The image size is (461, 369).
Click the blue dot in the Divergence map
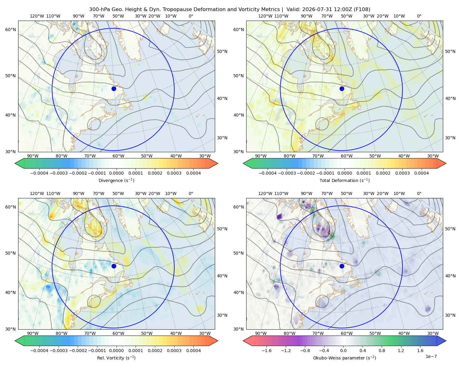[x=114, y=89]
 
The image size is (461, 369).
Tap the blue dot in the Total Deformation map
[x=342, y=89]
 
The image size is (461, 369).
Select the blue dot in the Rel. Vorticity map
[x=114, y=266]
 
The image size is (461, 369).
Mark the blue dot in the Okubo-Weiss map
[x=342, y=266]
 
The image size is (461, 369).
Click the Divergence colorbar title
[x=116, y=180]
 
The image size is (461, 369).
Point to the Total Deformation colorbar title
[x=345, y=180]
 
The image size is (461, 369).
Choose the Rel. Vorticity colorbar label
[x=116, y=358]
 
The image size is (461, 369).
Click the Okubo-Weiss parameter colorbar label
[x=345, y=358]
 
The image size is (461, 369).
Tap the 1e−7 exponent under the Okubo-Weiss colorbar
[x=431, y=356]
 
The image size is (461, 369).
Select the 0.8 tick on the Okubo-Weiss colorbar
[x=382, y=350]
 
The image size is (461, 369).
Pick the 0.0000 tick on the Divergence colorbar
[x=116, y=173]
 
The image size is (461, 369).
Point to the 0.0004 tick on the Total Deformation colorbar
[x=421, y=173]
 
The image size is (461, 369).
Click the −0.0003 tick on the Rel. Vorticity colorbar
[x=58, y=350]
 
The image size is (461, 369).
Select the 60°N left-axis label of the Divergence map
[x=10, y=30]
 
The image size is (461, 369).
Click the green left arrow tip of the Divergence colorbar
[x=15, y=163]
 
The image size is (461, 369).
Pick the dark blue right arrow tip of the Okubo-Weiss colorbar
[x=446, y=341]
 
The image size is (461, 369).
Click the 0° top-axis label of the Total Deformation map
[x=419, y=16]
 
